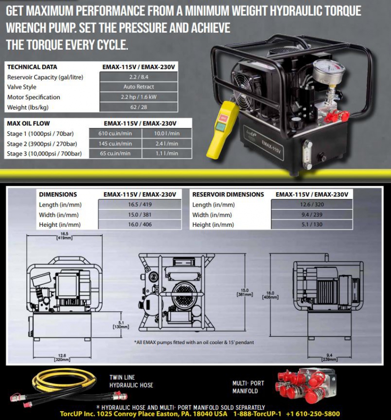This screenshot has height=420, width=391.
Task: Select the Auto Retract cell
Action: point(139,87)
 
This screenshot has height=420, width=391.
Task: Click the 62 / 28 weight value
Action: point(139,107)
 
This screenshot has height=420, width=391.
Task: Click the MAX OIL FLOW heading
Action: point(29,123)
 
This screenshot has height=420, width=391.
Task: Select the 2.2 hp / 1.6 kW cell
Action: point(139,97)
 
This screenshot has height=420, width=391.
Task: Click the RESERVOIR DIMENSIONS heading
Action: point(228,195)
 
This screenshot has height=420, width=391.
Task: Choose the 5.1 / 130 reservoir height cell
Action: point(312,224)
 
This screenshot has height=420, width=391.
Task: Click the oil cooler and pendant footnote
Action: point(194,342)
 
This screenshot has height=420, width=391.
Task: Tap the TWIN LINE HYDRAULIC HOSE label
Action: point(131,381)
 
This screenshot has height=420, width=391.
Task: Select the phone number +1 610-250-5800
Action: point(314,414)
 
